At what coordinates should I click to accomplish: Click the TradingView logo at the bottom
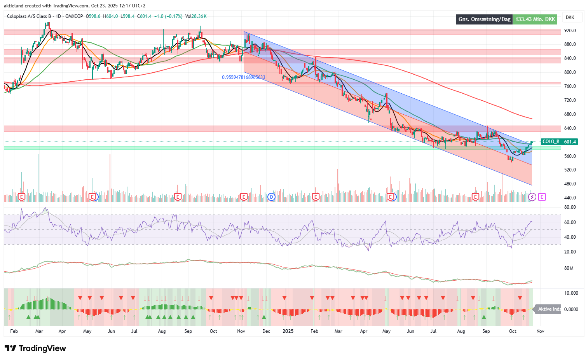pyautogui.click(x=35, y=348)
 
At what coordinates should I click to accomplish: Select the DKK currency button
pyautogui.click(x=570, y=17)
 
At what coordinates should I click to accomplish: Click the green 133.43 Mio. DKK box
pyautogui.click(x=535, y=19)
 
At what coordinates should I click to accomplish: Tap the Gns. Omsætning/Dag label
pyautogui.click(x=484, y=19)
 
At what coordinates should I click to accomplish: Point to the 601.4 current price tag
pyautogui.click(x=570, y=142)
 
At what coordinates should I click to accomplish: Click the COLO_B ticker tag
pyautogui.click(x=551, y=142)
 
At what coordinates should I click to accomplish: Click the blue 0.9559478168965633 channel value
pyautogui.click(x=243, y=77)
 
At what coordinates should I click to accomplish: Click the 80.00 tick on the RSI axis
pyautogui.click(x=570, y=207)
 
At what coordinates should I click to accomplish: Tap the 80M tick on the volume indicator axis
pyautogui.click(x=569, y=268)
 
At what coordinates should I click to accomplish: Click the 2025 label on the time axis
pyautogui.click(x=288, y=331)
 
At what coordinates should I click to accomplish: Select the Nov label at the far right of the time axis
pyautogui.click(x=540, y=331)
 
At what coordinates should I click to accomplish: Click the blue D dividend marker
pyautogui.click(x=271, y=197)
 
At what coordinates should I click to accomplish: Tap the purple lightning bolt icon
pyautogui.click(x=532, y=197)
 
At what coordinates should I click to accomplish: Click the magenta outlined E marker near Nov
pyautogui.click(x=542, y=197)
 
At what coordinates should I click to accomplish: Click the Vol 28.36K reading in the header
pyautogui.click(x=196, y=16)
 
